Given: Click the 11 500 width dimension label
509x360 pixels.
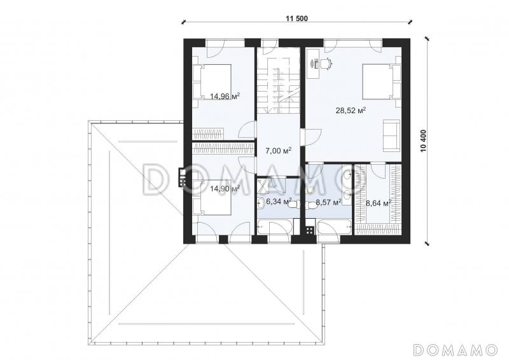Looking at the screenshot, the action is pos(296,18).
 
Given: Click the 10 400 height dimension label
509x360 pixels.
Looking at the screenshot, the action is pos(423,141).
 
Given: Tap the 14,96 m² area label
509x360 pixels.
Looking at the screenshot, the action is pos(225,96).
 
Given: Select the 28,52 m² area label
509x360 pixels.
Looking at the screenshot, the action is pos(351,111).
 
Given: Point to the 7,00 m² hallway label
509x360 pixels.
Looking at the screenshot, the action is pos(278,151).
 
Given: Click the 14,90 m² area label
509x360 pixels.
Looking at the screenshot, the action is pos(225,188).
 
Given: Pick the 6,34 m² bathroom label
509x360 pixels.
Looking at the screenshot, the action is pos(279,202).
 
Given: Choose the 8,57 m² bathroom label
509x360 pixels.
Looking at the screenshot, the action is pos(328,202).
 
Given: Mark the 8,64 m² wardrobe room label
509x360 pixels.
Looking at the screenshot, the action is pos(378,203).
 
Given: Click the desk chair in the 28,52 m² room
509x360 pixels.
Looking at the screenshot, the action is pos(326,64).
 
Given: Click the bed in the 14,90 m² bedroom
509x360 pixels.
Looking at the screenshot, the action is pos(212,197).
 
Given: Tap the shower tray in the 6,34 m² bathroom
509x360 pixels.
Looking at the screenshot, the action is pos(264,185).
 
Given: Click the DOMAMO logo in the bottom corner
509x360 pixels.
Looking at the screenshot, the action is pos(456,350).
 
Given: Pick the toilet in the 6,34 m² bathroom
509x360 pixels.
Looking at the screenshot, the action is pos(292,205).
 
